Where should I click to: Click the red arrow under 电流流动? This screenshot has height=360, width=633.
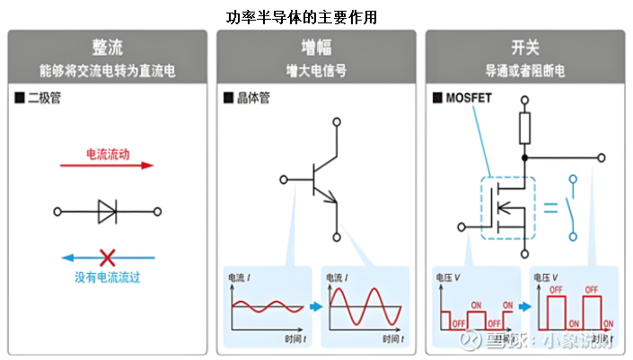pos(107,166)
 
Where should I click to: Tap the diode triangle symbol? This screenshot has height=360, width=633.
pos(107,212)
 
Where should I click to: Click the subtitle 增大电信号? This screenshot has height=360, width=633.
pos(316,69)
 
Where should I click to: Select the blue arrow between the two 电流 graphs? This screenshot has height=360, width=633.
pos(315,306)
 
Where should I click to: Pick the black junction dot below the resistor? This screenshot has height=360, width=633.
pos(523,157)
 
